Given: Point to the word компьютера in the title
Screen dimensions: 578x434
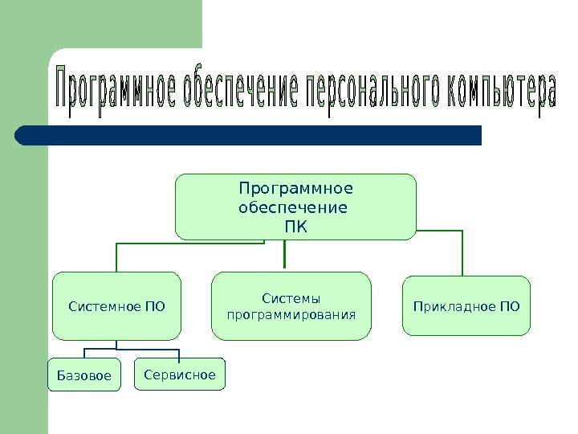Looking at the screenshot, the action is (x=500, y=94).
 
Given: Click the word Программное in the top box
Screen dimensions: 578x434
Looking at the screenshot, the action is (x=295, y=190).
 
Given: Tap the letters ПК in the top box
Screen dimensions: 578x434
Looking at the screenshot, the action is (x=295, y=225).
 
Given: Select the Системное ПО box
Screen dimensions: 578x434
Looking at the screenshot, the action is (x=116, y=306).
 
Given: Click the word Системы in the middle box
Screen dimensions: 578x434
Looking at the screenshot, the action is (x=291, y=298).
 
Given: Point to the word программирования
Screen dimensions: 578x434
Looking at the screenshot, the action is (x=291, y=314).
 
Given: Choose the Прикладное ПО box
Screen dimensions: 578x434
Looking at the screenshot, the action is (x=466, y=306).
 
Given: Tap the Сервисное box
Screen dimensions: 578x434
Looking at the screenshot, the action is (x=180, y=375).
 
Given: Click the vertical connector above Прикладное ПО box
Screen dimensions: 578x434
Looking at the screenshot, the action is (x=462, y=253).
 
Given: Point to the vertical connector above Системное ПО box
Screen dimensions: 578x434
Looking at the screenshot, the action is (x=116, y=257).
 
